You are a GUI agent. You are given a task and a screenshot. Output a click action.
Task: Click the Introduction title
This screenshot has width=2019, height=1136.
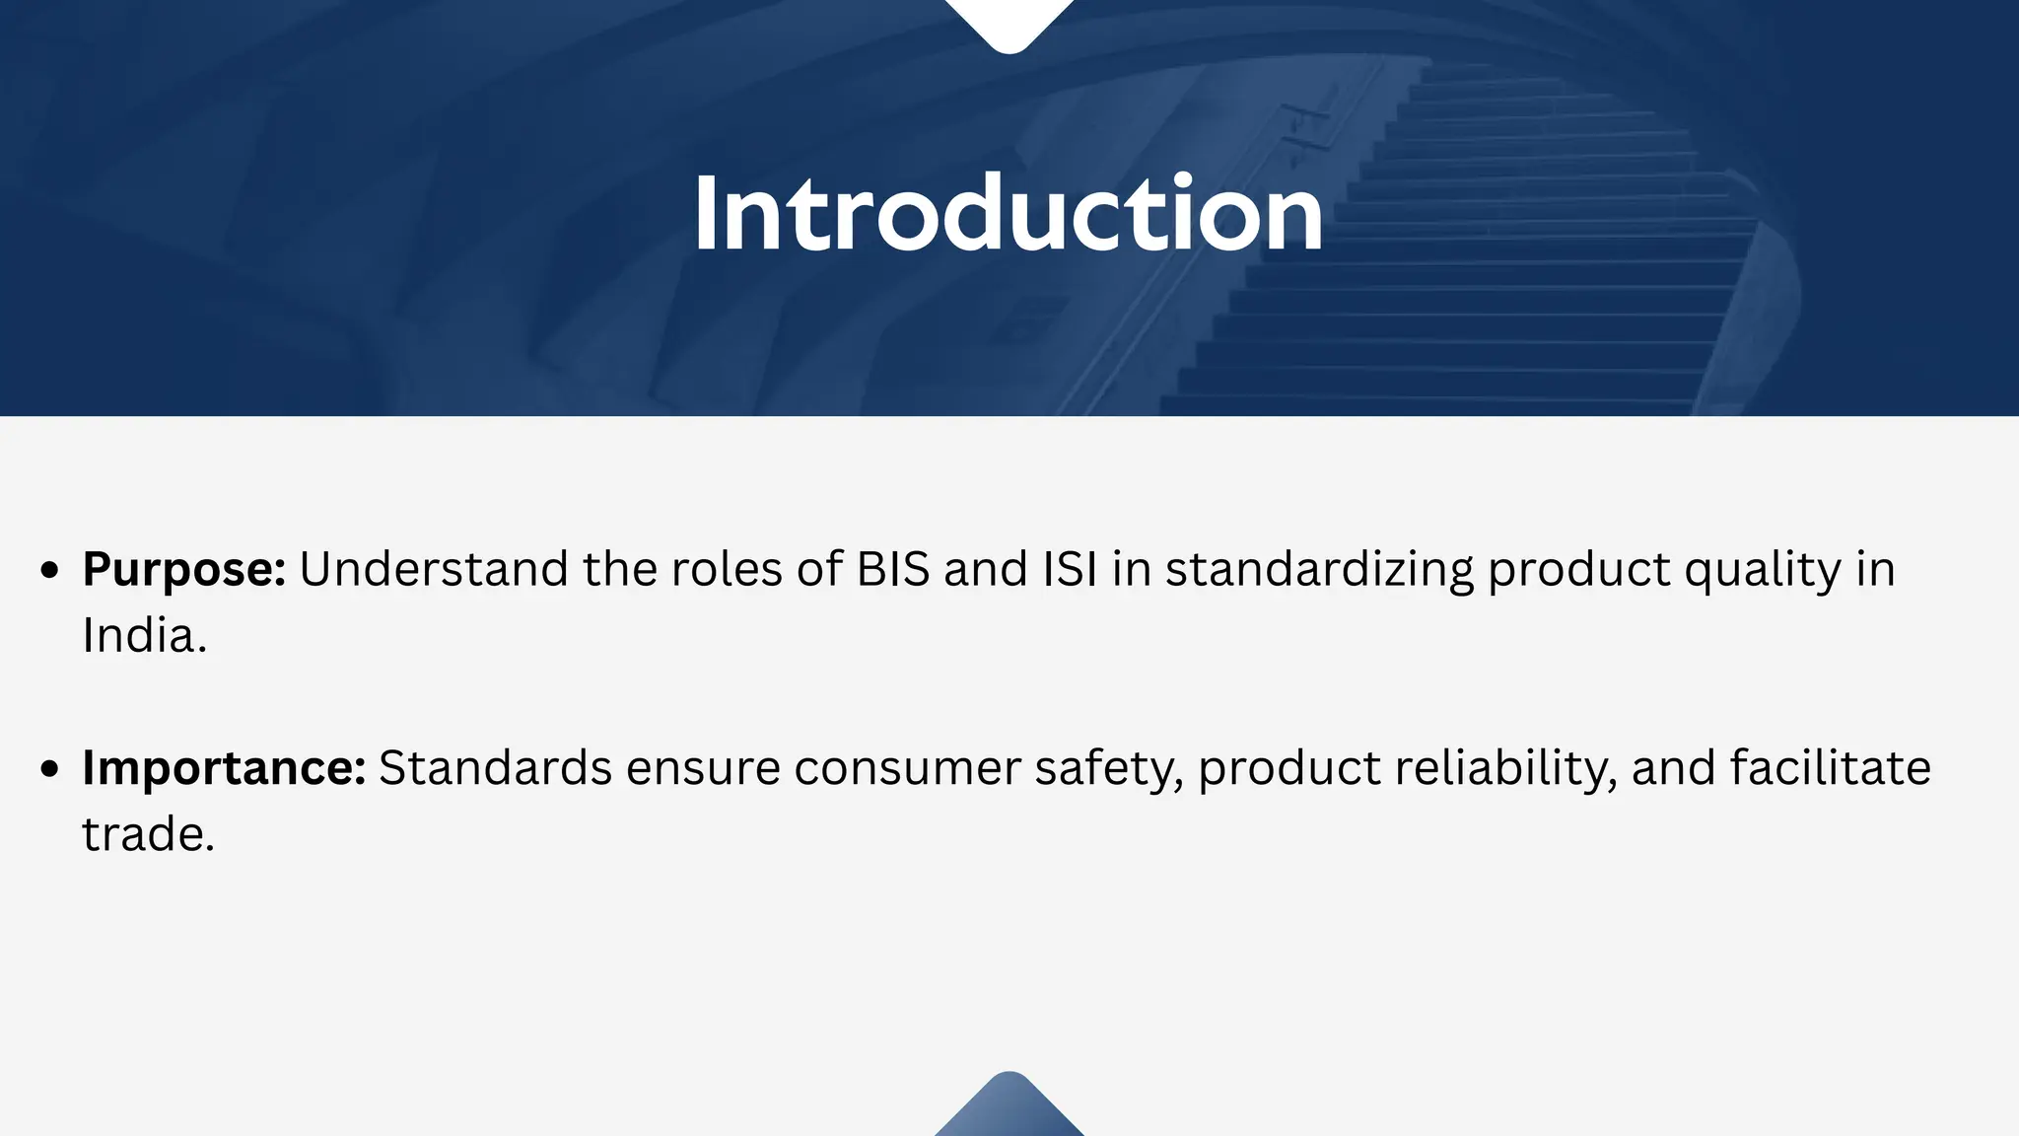1009,214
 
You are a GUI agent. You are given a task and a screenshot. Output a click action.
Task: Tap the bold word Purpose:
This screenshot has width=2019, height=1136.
184,570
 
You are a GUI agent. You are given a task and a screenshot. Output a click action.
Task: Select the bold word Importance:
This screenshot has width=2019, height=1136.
224,768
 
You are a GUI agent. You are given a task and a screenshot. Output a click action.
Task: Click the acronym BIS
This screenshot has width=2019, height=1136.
893,570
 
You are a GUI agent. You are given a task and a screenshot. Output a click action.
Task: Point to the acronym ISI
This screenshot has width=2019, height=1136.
1070,570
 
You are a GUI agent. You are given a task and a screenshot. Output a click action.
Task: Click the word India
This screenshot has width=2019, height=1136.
144,636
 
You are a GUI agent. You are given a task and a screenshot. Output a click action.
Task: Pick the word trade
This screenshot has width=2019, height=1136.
148,835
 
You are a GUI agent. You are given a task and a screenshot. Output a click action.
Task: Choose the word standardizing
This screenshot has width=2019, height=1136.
1319,570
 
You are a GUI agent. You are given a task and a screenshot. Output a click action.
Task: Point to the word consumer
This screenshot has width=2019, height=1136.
907,768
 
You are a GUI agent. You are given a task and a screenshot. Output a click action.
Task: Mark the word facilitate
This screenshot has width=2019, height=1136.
1830,768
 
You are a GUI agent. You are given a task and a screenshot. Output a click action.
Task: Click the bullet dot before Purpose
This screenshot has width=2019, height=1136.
51,571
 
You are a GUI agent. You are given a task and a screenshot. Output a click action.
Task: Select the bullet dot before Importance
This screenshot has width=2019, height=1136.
51,769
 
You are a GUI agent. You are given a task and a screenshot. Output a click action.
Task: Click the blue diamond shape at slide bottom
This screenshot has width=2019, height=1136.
1009,1109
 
